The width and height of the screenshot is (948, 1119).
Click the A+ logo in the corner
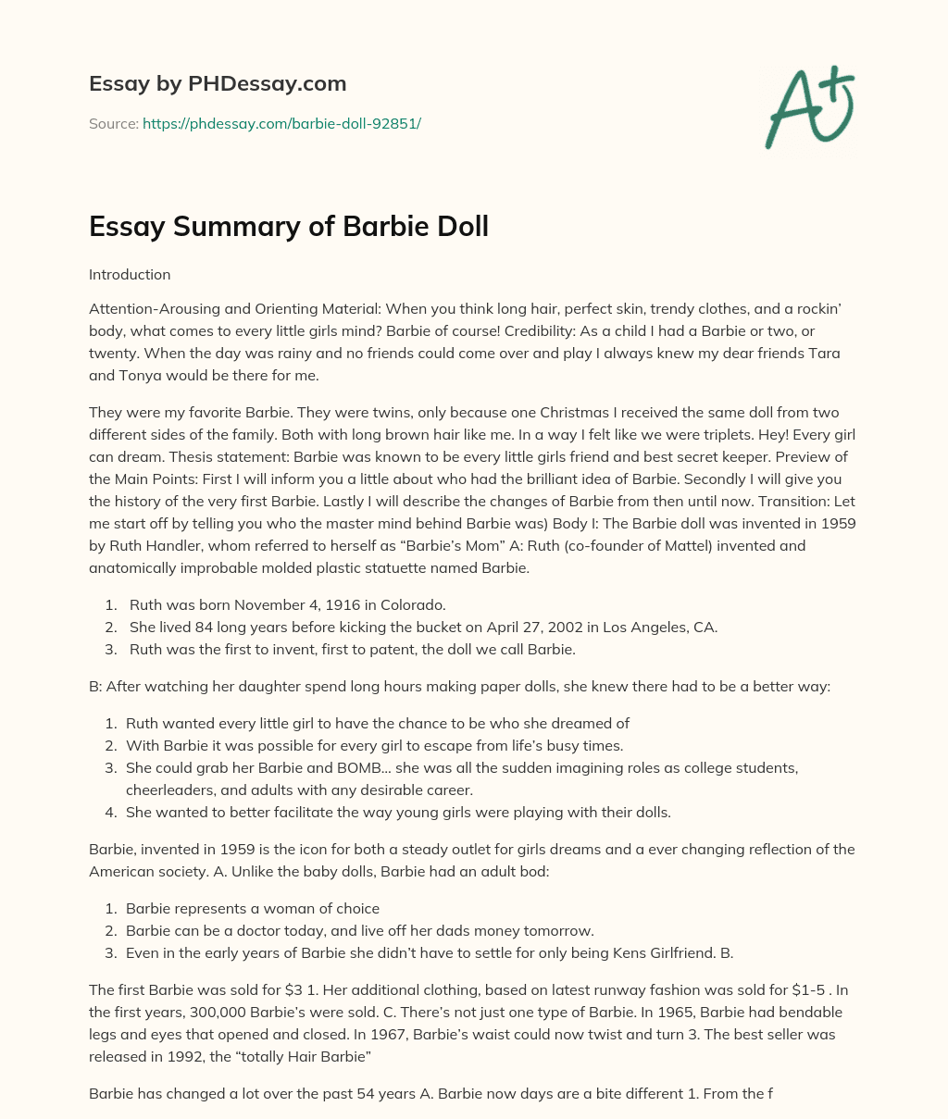click(x=808, y=107)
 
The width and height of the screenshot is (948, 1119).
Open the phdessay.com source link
click(x=281, y=123)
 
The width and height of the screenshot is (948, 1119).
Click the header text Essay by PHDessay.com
click(x=218, y=83)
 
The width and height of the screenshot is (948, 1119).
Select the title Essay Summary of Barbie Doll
click(x=288, y=226)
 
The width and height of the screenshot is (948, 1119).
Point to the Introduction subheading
click(x=130, y=275)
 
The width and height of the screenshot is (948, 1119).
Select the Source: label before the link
click(x=114, y=123)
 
